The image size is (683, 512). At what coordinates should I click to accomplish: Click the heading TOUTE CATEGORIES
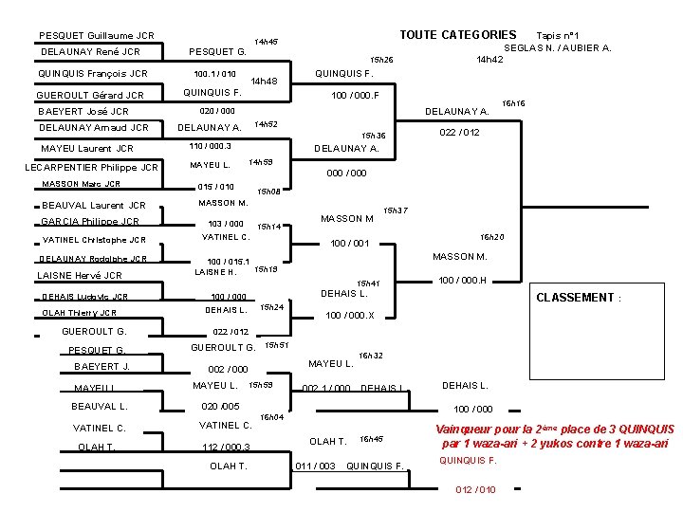coord(457,35)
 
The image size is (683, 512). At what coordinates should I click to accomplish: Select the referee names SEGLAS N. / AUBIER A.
coord(558,47)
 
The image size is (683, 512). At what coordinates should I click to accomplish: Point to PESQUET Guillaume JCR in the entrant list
coord(97,35)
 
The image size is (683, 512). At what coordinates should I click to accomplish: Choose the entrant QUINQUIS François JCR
coord(92,73)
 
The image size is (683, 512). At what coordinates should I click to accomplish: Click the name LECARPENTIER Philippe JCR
coord(91,168)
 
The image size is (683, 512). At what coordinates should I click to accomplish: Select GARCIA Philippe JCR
coord(89,222)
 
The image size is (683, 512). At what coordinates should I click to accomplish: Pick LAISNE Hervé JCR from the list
coord(79,275)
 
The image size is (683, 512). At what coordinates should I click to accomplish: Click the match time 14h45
coord(267,42)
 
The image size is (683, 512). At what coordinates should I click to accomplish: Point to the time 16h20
coord(491,236)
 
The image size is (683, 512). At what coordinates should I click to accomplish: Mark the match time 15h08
coord(268,192)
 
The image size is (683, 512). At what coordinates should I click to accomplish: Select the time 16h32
coord(371,356)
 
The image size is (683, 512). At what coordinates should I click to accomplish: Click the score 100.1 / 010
coord(214,73)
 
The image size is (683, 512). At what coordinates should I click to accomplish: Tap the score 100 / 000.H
coord(462,280)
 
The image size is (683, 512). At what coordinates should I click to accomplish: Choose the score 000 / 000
coord(347,174)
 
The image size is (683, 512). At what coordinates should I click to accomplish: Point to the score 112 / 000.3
coord(226,448)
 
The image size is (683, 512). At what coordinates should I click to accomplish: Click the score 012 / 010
coord(475,489)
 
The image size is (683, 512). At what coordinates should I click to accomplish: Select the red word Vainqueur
coord(463,430)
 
